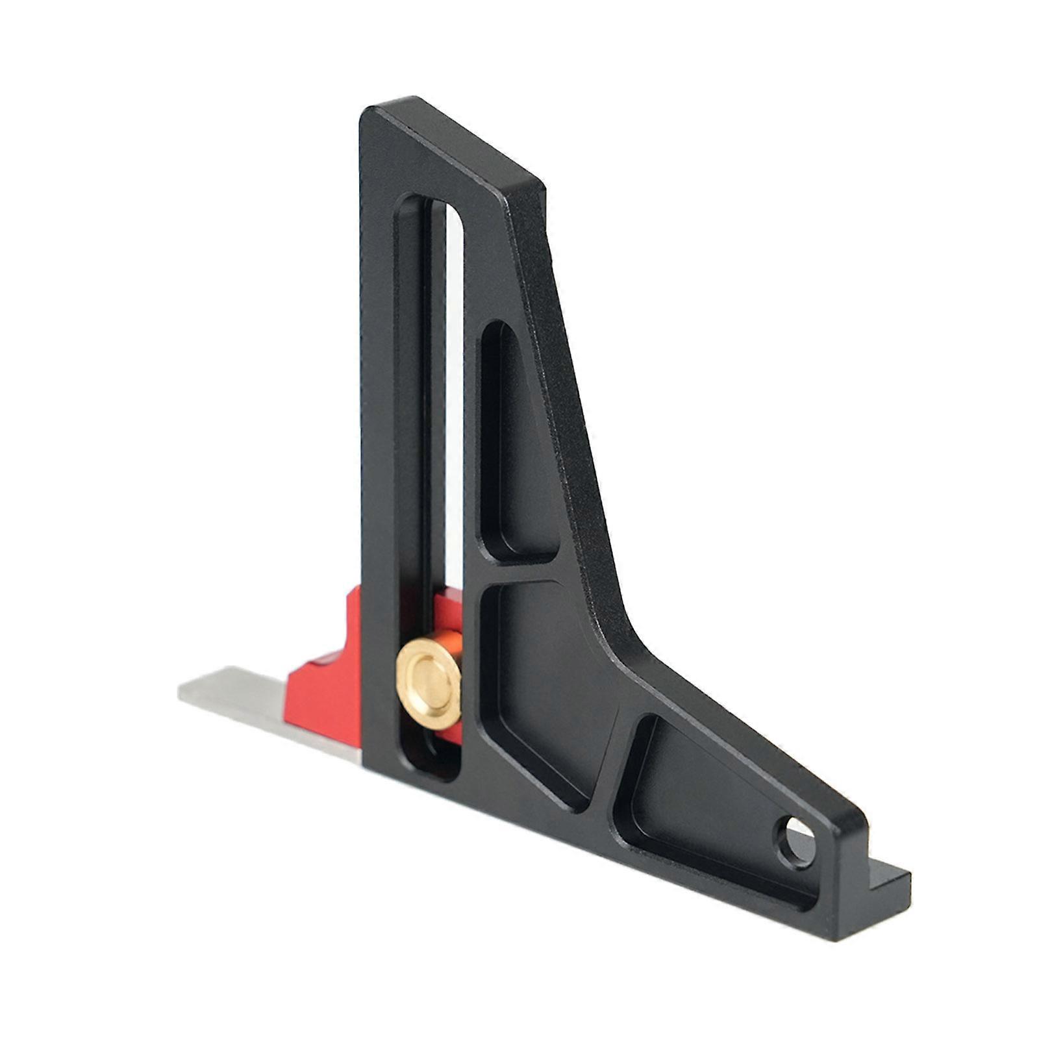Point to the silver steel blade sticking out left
(260, 705)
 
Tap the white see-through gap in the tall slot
(455, 390)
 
